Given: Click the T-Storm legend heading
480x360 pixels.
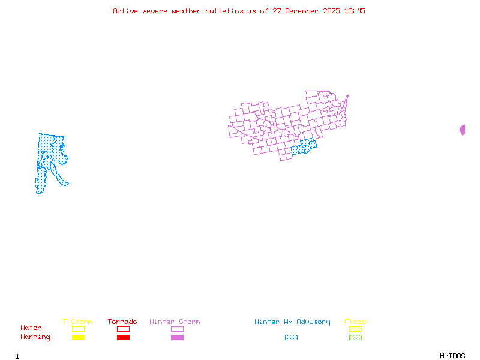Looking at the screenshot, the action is (77, 322).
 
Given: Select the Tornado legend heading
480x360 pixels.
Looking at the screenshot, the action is (122, 322).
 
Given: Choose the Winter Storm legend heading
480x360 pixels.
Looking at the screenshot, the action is (175, 322).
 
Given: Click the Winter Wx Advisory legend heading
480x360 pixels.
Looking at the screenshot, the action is (292, 322).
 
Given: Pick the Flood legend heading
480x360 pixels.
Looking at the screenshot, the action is (355, 322).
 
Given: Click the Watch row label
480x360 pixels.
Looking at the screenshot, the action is (31, 328).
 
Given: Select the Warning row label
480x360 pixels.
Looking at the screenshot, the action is (35, 337).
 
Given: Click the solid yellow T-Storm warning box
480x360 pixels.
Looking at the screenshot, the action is (78, 337).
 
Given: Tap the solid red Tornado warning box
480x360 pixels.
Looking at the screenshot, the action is (123, 337).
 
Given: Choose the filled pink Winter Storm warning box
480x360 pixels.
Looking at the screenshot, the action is (177, 337).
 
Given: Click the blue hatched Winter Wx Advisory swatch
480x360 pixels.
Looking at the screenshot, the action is (291, 337).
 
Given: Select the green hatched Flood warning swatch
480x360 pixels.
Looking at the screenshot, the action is (355, 337).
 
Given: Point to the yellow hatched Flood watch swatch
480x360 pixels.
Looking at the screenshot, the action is (355, 329).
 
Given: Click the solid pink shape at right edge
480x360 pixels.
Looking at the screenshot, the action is (463, 130).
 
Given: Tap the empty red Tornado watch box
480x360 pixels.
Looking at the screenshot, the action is (123, 329).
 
